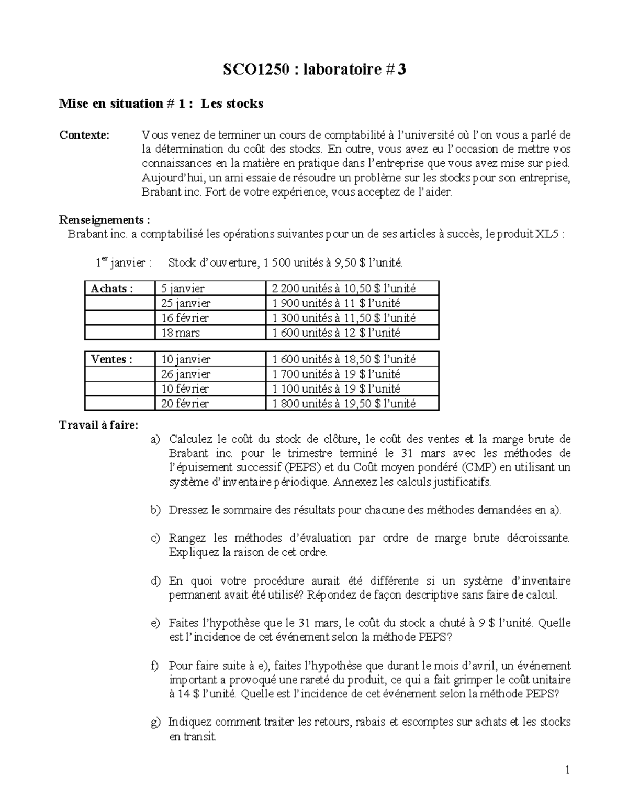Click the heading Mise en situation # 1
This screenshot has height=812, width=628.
click(x=161, y=104)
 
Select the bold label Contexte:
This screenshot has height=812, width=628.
click(x=84, y=135)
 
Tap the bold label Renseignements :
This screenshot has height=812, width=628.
click(x=107, y=220)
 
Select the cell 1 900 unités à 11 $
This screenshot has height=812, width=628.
click(x=336, y=303)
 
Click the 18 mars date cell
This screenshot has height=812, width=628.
click(x=181, y=333)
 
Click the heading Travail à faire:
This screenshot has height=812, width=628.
click(x=99, y=425)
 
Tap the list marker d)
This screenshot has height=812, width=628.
click(x=155, y=581)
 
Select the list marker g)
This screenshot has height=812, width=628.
click(x=155, y=722)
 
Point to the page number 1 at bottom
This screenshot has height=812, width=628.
click(x=567, y=770)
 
